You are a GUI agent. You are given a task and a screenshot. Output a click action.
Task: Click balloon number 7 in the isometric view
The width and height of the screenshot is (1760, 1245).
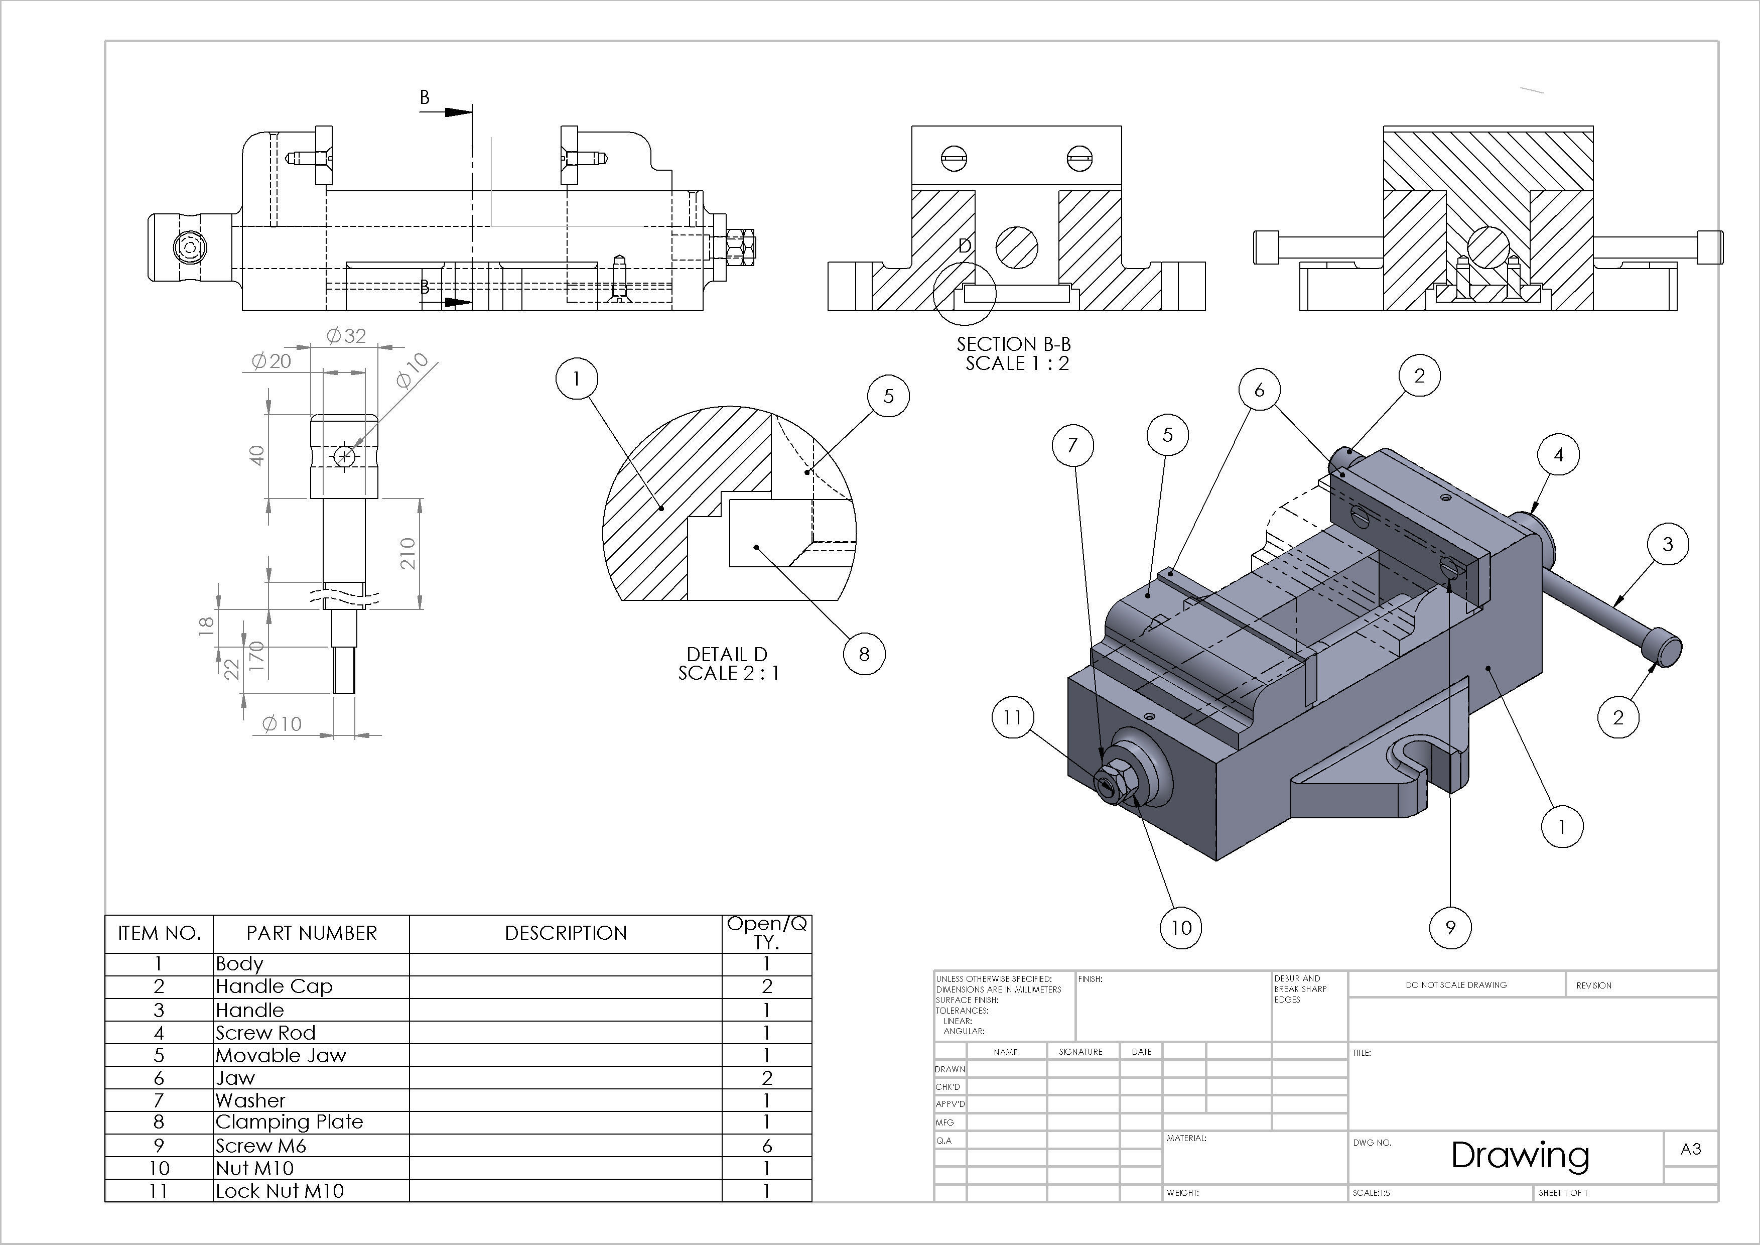[x=1072, y=445]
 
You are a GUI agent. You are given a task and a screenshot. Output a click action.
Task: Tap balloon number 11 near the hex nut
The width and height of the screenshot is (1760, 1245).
[x=1013, y=717]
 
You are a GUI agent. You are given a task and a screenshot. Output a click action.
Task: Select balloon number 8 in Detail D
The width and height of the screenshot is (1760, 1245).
[x=864, y=654]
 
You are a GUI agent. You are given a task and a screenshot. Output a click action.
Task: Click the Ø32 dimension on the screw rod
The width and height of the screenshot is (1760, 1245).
[x=346, y=336]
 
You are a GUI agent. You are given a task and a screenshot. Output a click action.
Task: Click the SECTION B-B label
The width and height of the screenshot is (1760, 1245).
[x=1013, y=344]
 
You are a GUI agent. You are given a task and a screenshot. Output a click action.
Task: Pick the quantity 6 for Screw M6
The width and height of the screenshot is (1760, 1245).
[x=766, y=1145]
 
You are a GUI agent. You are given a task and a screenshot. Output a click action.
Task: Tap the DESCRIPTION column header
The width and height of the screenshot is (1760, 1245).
[x=566, y=933]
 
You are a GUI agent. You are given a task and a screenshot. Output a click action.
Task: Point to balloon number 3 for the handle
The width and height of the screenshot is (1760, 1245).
[x=1667, y=544]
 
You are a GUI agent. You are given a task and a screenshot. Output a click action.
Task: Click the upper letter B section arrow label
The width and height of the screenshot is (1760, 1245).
[x=425, y=97]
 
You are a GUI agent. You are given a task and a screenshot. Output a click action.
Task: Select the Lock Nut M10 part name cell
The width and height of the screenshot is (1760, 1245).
[x=280, y=1191]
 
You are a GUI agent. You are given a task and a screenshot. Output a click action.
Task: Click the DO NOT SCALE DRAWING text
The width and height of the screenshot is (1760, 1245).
[x=1456, y=985]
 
